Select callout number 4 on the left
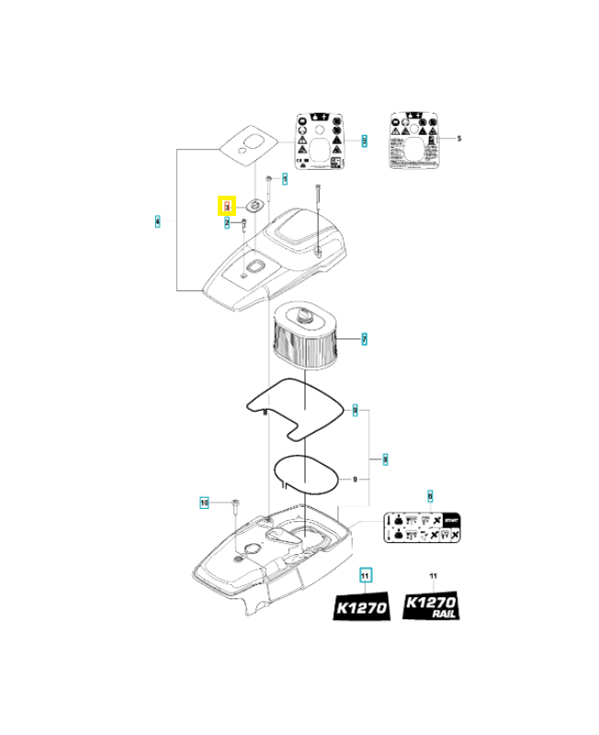point(158,221)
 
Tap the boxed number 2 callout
point(226,221)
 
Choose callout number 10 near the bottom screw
point(205,503)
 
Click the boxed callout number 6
point(429,496)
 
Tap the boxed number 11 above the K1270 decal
point(365,576)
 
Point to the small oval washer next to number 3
point(253,206)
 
